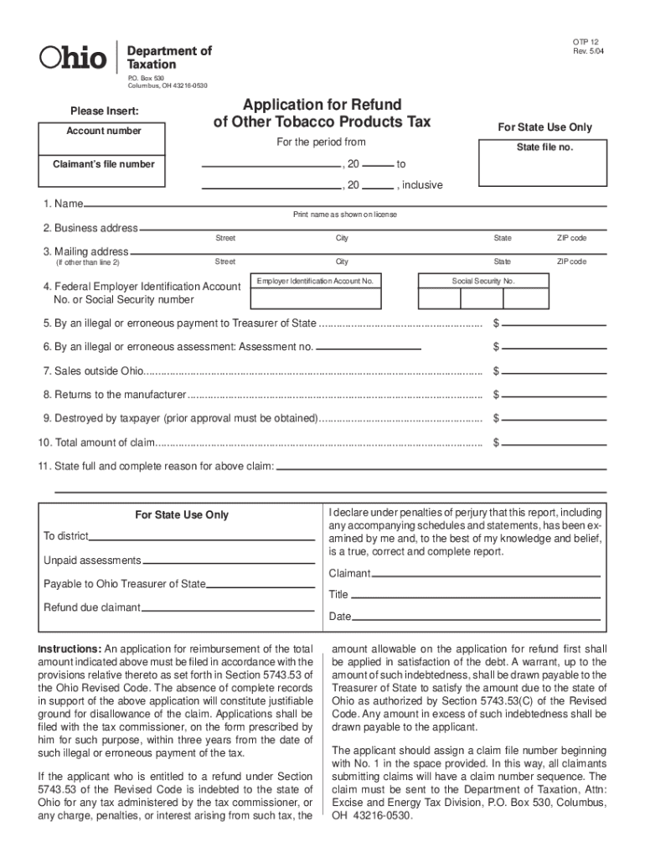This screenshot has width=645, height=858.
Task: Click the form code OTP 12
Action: [586, 42]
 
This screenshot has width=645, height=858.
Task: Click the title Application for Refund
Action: [322, 105]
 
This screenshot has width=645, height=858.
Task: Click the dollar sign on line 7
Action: [496, 371]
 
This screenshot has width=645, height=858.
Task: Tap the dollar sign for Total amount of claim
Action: [496, 442]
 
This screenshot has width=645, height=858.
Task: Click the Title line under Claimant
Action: [475, 596]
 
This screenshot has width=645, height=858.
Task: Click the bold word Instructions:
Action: [70, 649]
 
